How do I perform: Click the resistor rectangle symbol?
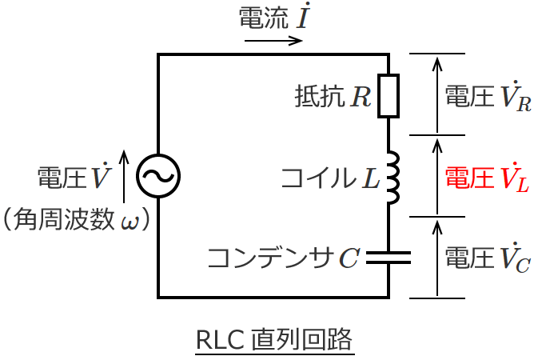389,96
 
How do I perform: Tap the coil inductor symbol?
391,177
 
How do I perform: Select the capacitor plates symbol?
389,257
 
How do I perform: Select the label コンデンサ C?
283,258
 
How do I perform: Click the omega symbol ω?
129,219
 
